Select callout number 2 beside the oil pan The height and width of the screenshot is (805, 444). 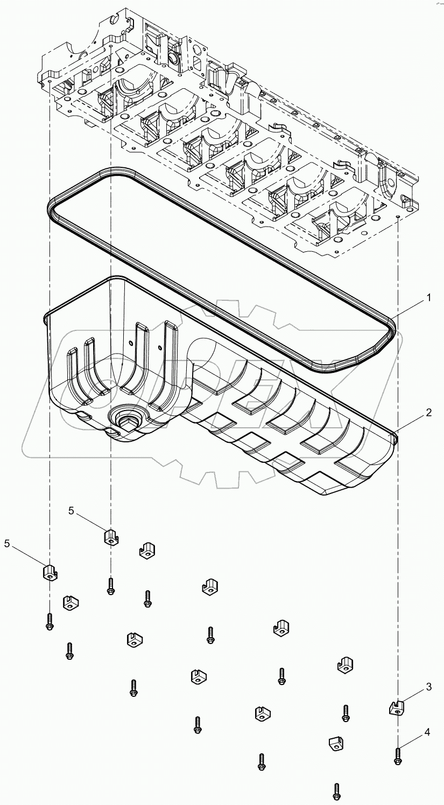[428, 413]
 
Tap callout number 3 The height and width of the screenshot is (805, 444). [428, 687]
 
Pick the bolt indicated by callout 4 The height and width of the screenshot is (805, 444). [398, 755]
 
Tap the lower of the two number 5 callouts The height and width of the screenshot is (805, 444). [8, 544]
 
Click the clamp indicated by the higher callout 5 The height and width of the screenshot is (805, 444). [111, 536]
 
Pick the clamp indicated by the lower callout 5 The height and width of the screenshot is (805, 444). [50, 571]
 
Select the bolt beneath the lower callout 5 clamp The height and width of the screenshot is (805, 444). [50, 622]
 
